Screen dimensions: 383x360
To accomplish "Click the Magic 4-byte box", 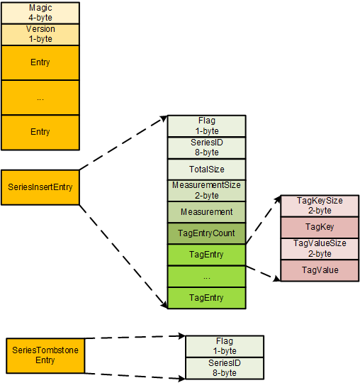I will (x=40, y=12).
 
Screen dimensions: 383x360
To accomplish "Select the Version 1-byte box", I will (x=40, y=34).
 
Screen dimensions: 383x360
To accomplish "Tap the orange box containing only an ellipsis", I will (x=40, y=98).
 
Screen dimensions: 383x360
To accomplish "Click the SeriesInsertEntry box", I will (x=40, y=188).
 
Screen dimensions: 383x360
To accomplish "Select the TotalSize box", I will (x=206, y=169).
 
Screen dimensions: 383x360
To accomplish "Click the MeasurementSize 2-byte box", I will (x=206, y=190).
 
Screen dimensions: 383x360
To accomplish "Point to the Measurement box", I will (x=206, y=211).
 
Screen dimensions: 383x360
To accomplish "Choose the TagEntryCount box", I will (x=206, y=233).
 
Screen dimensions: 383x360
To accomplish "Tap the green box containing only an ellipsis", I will (x=206, y=276).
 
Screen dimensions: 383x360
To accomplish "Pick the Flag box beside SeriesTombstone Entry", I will (x=225, y=345).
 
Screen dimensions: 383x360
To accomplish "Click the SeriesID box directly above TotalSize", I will (x=206, y=147).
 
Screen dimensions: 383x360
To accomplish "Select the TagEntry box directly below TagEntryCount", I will (x=206, y=255).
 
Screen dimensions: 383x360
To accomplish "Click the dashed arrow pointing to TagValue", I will (x=263, y=272).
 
